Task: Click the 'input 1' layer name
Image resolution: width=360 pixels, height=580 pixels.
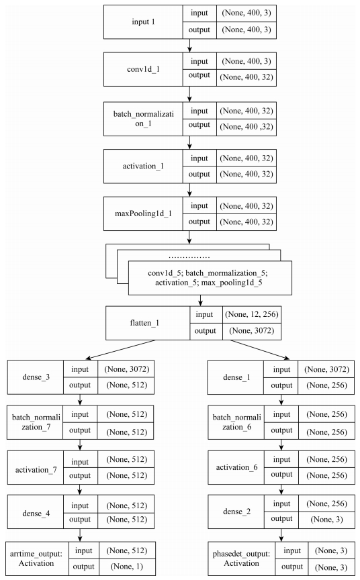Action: tap(142, 22)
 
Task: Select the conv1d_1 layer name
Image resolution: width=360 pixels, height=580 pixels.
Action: tap(142, 68)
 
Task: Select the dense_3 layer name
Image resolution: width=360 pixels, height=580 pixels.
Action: tap(34, 378)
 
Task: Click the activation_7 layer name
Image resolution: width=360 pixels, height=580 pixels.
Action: tap(34, 471)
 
